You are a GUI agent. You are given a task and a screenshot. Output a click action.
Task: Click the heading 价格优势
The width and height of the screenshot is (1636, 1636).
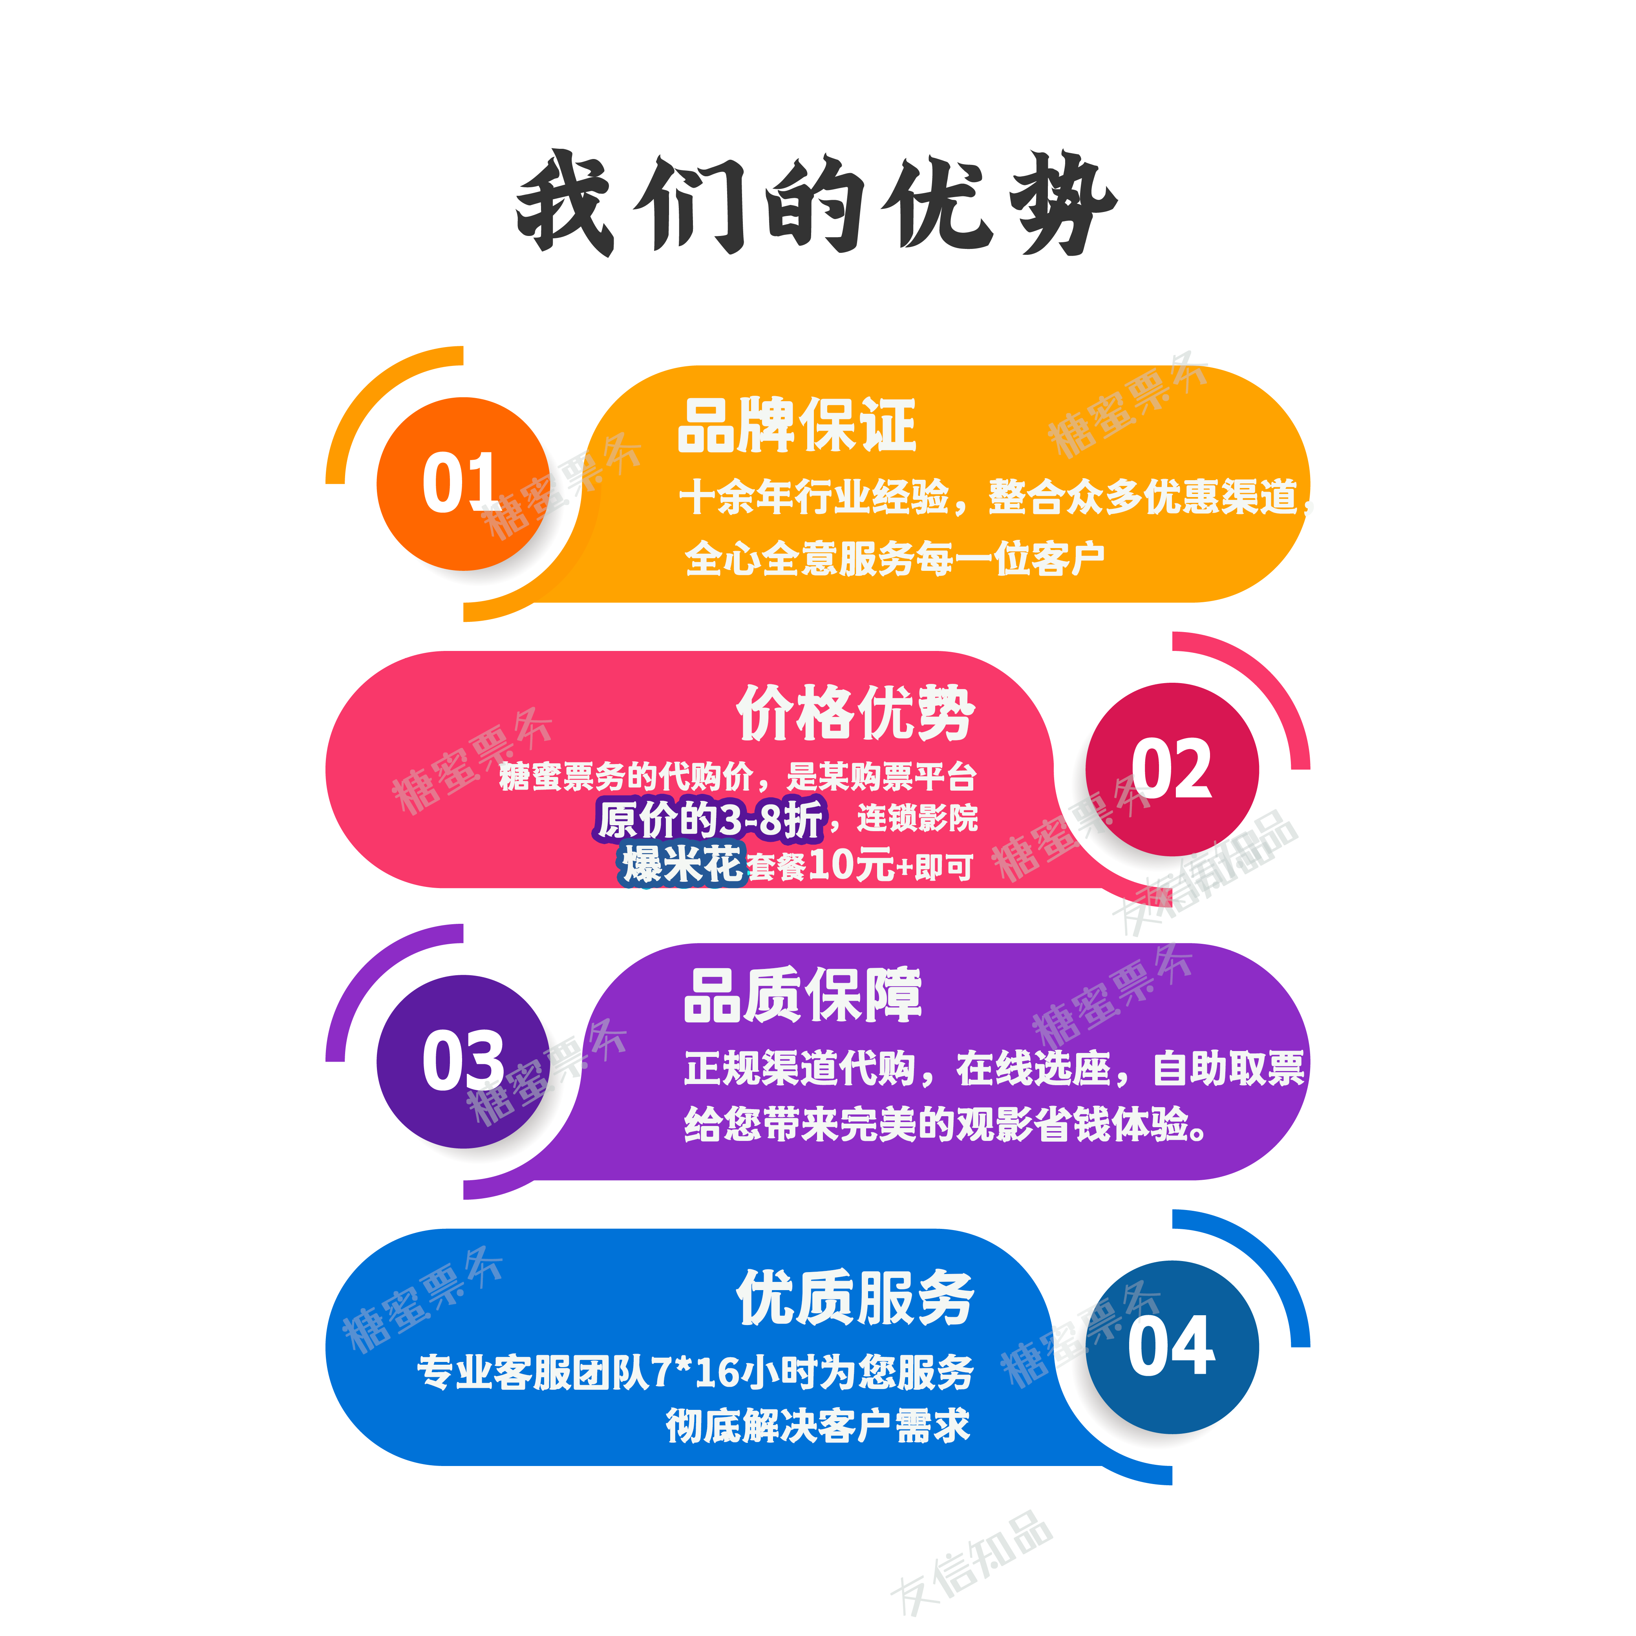[855, 713]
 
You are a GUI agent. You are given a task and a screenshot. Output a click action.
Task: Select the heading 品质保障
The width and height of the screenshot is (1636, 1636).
[803, 996]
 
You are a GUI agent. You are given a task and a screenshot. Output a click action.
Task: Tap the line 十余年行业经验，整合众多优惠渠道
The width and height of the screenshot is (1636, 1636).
[991, 497]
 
